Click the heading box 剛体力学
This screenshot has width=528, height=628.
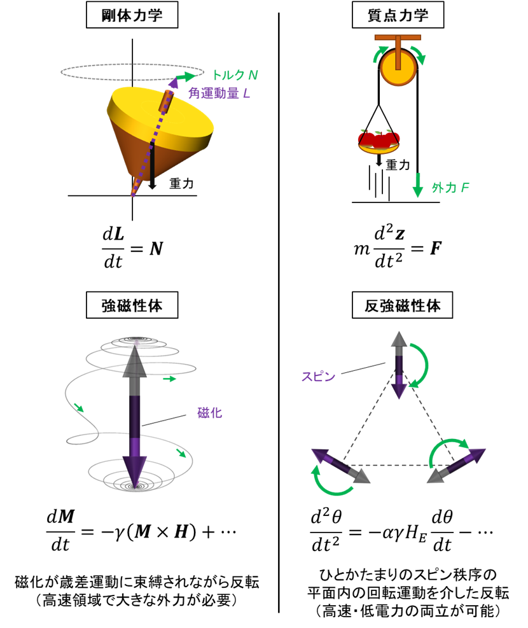[132, 15]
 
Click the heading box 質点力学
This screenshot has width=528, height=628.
[398, 15]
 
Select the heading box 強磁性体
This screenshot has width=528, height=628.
[132, 305]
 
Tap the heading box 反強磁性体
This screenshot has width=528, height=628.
[402, 305]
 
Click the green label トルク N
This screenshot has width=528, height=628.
[235, 75]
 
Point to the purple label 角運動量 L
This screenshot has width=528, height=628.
[219, 94]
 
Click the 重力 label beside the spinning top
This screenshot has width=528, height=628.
[181, 183]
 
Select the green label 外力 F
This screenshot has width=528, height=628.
[450, 188]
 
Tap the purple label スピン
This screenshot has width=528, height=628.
[318, 377]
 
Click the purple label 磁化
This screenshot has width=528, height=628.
[209, 413]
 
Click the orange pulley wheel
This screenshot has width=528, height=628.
[398, 67]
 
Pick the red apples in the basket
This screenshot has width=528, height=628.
[379, 139]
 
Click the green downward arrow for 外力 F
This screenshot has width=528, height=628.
[417, 185]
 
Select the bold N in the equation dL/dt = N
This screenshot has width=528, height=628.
[156, 249]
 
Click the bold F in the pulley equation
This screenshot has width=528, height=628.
[436, 249]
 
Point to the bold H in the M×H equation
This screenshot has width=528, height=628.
[181, 532]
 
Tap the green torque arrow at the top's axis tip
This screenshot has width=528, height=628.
[186, 76]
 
